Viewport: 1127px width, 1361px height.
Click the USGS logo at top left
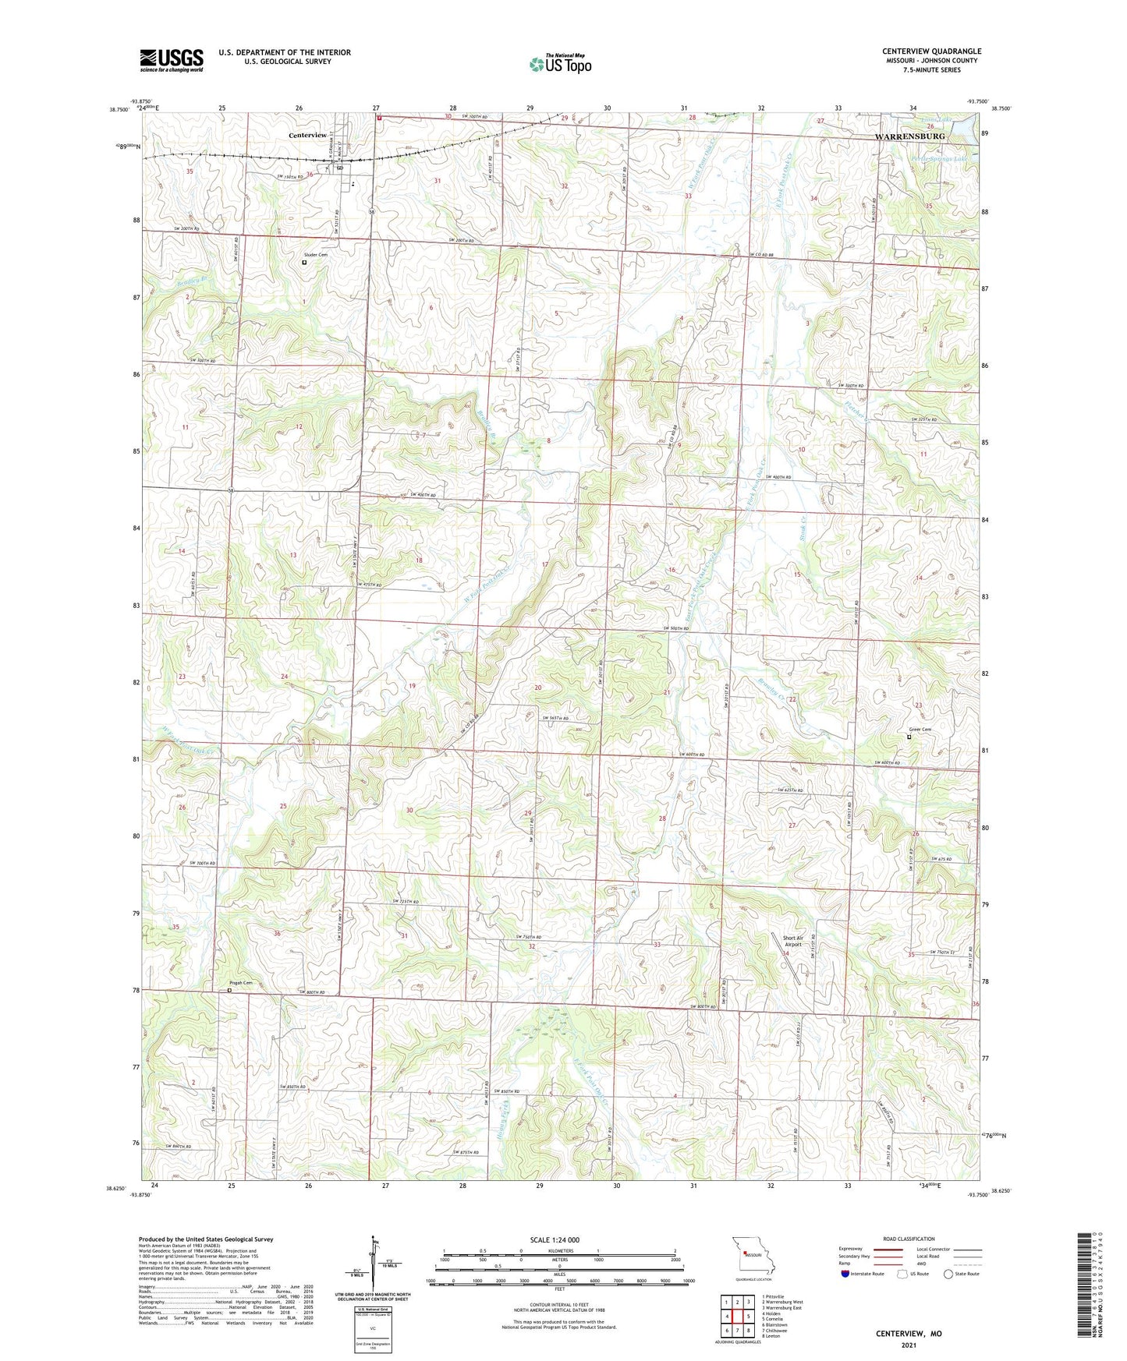click(x=172, y=60)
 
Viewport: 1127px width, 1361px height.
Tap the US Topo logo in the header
click(x=560, y=65)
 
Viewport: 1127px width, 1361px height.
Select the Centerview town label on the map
click(x=308, y=135)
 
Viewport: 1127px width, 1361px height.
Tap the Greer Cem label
click(x=920, y=730)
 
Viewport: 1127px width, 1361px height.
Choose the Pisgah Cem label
click(x=241, y=983)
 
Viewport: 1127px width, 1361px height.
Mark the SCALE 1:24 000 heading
click(x=559, y=1240)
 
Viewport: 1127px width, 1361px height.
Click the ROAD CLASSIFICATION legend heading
click(x=909, y=1239)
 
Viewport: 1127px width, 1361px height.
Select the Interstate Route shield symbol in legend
click(x=846, y=1273)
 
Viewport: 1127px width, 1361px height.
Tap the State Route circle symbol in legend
click(x=948, y=1274)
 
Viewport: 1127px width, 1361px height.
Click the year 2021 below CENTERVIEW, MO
click(x=909, y=1345)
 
